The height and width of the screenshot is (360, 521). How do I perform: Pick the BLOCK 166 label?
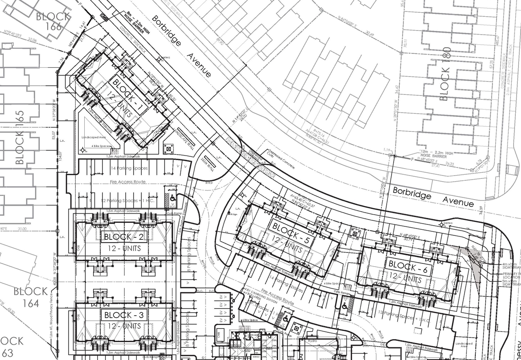tap(53, 22)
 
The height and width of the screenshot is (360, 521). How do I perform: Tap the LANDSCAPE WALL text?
tap(183, 138)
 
